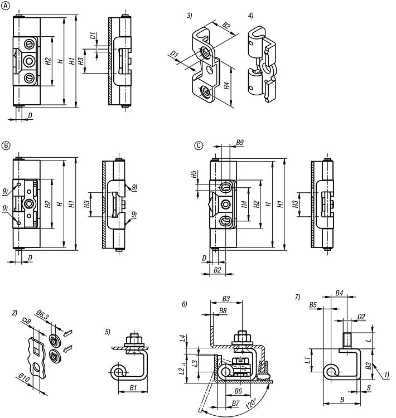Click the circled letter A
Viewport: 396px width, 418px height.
[x=7, y=6]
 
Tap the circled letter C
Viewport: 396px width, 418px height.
[x=198, y=145]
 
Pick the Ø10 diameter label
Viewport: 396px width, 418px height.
[x=22, y=380]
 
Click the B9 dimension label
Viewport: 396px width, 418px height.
[x=239, y=143]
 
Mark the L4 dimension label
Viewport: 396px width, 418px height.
[x=182, y=338]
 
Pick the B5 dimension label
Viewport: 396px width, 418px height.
[x=313, y=305]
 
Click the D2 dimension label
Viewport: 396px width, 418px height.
[x=361, y=317]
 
